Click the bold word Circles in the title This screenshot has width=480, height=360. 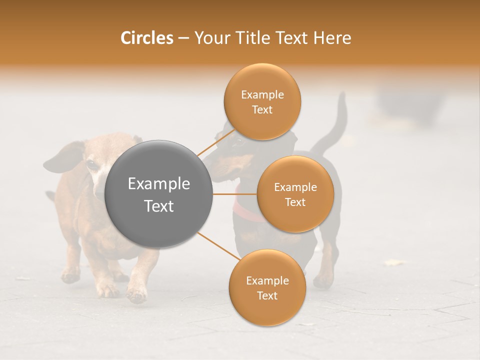tap(146, 38)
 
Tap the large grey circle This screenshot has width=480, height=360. tap(158, 194)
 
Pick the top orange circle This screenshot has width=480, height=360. tap(262, 101)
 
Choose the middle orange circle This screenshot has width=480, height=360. tap(295, 194)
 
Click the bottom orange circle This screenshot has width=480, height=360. tap(267, 287)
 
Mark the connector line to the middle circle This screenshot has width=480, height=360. tap(234, 194)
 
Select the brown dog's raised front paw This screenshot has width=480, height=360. tap(136, 295)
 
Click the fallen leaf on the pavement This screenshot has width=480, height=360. tap(394, 262)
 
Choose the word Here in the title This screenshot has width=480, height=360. tap(333, 38)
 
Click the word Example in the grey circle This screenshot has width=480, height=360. tap(158, 184)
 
